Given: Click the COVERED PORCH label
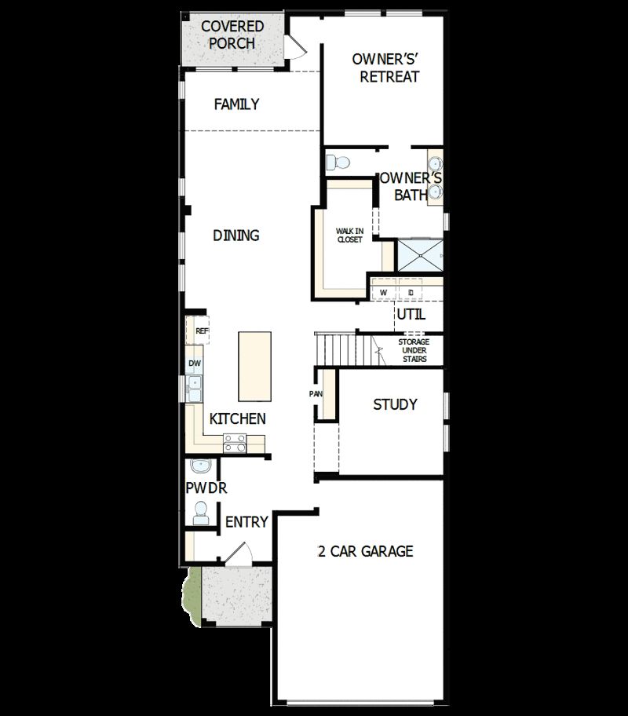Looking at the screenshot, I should click(232, 35).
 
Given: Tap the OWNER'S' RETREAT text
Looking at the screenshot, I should click(385, 68).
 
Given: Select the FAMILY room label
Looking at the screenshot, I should click(236, 104).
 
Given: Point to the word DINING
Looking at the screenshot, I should click(236, 236).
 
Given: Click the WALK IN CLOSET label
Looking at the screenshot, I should click(349, 235).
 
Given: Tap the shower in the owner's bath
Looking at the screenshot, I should click(421, 255).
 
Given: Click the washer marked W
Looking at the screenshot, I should click(384, 292).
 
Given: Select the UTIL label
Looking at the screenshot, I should click(411, 314).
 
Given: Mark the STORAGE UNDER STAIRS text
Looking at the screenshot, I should click(412, 350).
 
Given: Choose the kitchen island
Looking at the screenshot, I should click(255, 367).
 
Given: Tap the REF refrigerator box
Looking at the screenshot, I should click(202, 331).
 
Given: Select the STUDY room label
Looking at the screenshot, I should click(395, 405).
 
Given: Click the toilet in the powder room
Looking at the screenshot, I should click(200, 514).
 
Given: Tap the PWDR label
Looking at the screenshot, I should click(206, 488).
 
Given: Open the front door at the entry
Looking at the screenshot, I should click(238, 556).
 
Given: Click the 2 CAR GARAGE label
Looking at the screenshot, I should click(364, 551).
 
